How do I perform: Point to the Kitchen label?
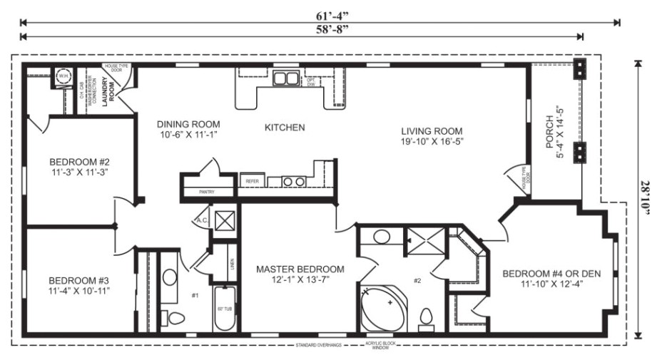[285, 128]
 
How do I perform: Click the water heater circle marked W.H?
[63, 76]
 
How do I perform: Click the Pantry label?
[206, 192]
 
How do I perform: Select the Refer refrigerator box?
[252, 182]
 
